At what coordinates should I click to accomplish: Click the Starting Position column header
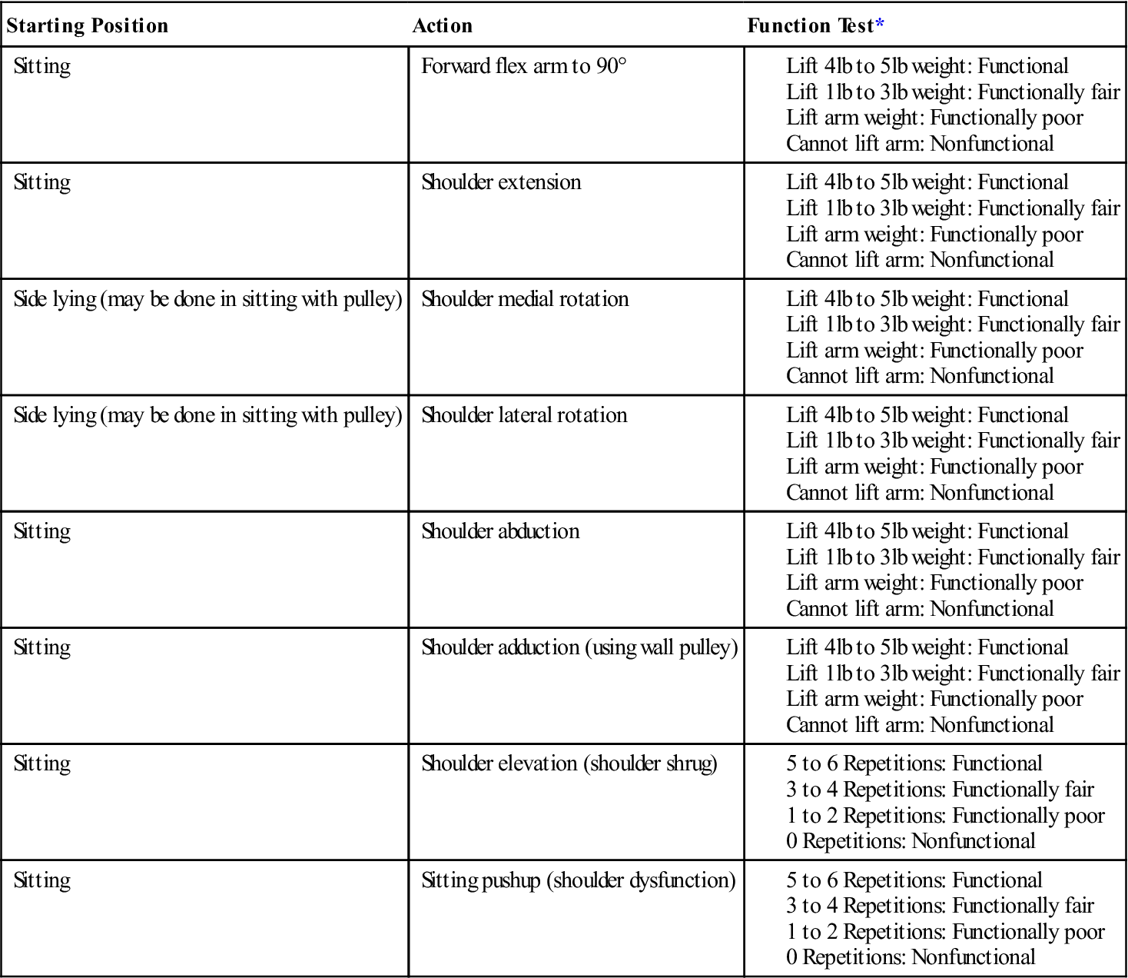tap(87, 25)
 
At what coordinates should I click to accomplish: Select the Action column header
tap(443, 25)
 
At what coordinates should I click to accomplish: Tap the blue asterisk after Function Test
tap(880, 25)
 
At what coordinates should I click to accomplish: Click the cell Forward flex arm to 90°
tap(524, 66)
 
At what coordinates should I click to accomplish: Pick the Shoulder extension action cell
tap(501, 182)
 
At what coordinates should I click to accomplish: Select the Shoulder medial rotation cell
tap(525, 299)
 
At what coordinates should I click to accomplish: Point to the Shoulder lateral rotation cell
tap(524, 415)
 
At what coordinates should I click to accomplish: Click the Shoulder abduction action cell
tap(500, 531)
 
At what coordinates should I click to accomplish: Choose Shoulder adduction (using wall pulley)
tap(579, 647)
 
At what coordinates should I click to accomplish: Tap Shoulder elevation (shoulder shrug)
tap(569, 763)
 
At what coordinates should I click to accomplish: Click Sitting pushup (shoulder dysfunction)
tap(579, 880)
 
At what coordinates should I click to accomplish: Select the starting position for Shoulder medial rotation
tap(207, 299)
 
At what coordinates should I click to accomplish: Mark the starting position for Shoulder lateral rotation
tap(207, 415)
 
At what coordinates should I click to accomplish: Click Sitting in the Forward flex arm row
tap(42, 66)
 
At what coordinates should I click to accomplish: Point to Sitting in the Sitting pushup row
tap(42, 880)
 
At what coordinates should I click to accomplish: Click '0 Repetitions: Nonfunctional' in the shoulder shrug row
tap(911, 841)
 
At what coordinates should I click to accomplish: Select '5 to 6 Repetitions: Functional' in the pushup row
tap(914, 880)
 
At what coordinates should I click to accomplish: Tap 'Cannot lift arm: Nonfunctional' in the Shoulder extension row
tap(920, 260)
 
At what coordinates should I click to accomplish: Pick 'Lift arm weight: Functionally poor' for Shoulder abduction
tap(934, 583)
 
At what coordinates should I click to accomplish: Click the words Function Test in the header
tap(810, 25)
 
